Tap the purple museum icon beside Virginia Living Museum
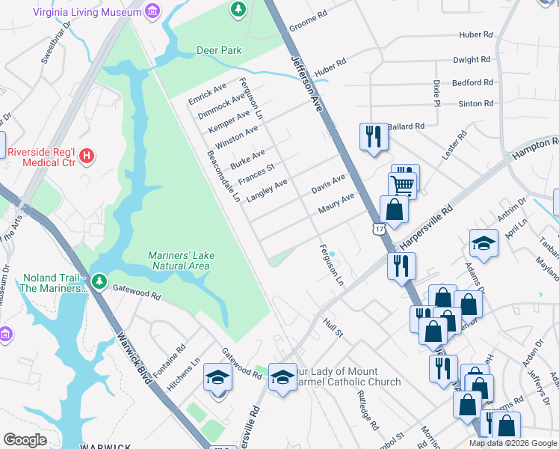[x=152, y=12]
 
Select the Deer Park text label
[x=219, y=50]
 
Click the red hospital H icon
[x=87, y=156]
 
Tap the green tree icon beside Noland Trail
[x=100, y=281]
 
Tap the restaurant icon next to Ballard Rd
[x=372, y=136]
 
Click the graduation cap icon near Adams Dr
[x=484, y=242]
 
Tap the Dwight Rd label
[x=472, y=59]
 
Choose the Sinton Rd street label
[x=475, y=103]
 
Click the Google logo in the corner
[x=25, y=439]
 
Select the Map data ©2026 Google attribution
[x=512, y=443]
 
